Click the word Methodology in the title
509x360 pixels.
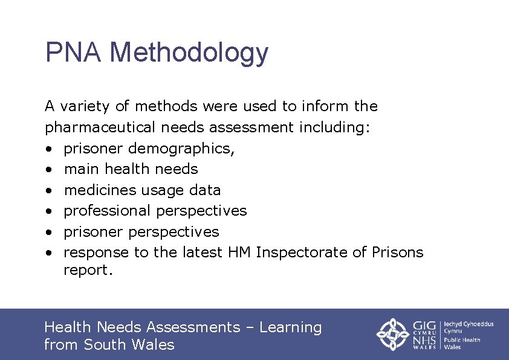(189, 54)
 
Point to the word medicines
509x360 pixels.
(100, 190)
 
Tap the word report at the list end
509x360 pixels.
(88, 271)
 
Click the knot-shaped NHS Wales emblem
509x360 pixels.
(394, 334)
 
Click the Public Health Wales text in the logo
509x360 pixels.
(462, 343)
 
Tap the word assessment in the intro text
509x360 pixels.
(251, 127)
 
